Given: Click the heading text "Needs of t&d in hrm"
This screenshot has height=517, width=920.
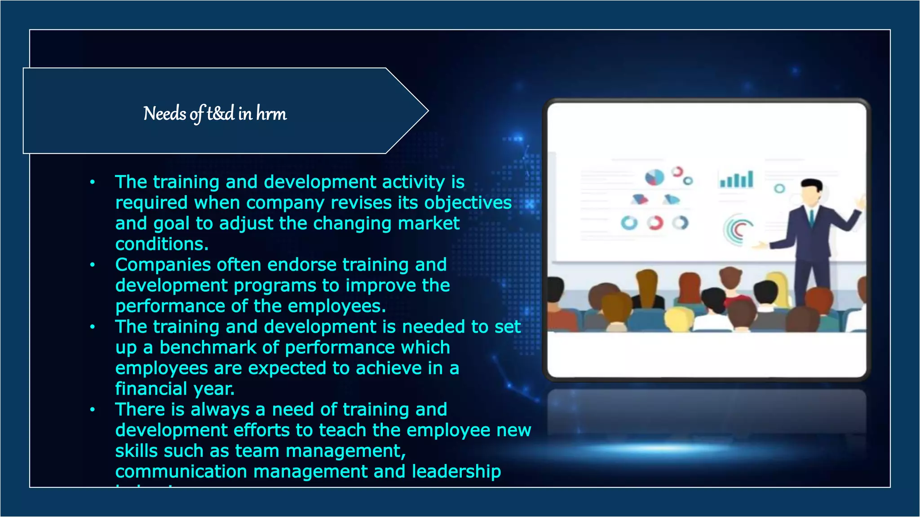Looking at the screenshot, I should (x=215, y=114).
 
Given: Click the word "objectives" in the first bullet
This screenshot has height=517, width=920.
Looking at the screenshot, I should (x=468, y=203).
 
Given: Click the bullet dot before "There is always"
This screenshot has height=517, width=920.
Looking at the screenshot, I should (x=93, y=409).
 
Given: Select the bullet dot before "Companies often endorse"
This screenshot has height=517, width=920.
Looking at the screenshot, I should (x=93, y=265).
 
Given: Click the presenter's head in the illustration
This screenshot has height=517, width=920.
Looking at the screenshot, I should (x=812, y=191).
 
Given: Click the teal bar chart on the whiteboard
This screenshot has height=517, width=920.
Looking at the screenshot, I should (x=737, y=179).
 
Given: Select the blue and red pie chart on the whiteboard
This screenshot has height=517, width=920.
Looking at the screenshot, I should (x=655, y=178).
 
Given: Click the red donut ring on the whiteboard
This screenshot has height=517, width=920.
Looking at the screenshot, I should (x=655, y=223).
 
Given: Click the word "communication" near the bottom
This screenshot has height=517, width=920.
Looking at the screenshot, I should (x=181, y=471).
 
